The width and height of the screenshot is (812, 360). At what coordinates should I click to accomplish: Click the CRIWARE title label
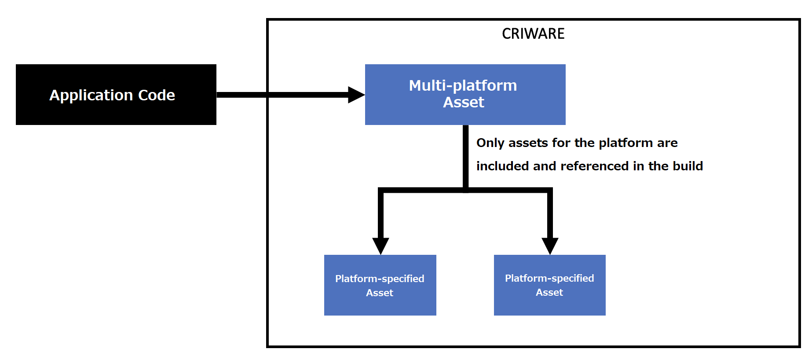(x=533, y=34)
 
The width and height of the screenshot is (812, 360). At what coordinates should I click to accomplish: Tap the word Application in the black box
(x=91, y=95)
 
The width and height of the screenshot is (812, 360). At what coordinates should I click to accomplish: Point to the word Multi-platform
(x=463, y=85)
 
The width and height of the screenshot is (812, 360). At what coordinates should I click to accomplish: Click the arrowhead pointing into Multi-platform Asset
(x=355, y=95)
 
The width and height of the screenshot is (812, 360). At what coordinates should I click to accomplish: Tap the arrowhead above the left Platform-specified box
(x=380, y=245)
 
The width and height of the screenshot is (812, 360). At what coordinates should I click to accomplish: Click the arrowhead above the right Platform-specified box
(x=550, y=245)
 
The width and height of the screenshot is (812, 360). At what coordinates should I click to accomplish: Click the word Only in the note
(x=490, y=143)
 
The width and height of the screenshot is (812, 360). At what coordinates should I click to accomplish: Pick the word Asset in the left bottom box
(x=380, y=293)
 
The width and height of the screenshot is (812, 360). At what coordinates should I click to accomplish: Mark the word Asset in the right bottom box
(x=549, y=293)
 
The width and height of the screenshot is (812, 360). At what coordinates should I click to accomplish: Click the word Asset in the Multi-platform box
(x=463, y=103)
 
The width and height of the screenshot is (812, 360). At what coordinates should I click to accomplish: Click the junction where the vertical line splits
(x=465, y=190)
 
